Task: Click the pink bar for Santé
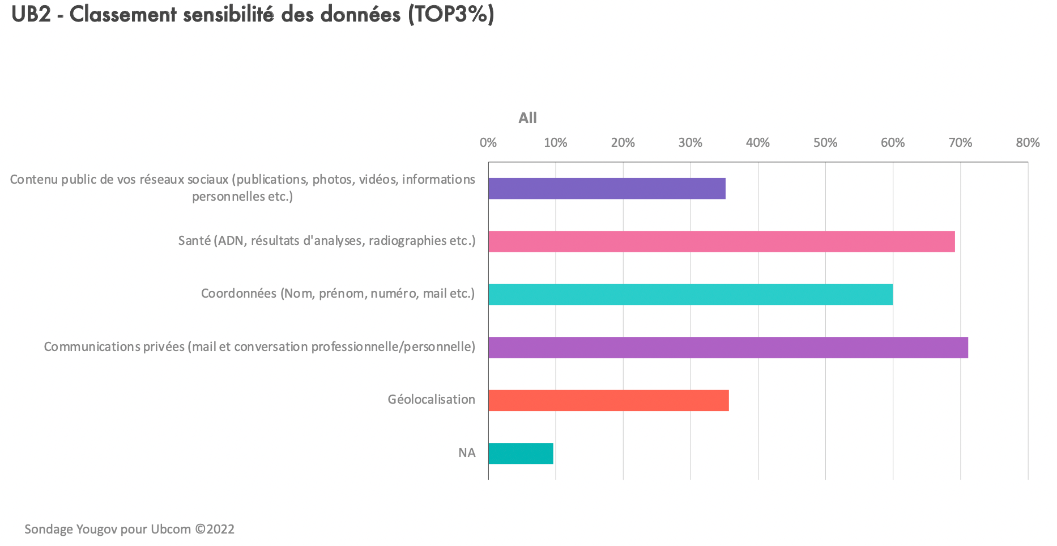pyautogui.click(x=721, y=242)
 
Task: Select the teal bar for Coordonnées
pyautogui.click(x=690, y=294)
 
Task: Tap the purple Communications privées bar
pyautogui.click(x=728, y=348)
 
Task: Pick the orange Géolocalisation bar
pyautogui.click(x=608, y=400)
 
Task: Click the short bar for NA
pyautogui.click(x=521, y=454)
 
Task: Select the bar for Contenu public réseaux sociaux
pyautogui.click(x=607, y=188)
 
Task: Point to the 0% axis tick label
pyautogui.click(x=488, y=143)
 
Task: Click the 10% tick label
pyautogui.click(x=555, y=143)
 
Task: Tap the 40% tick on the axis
pyautogui.click(x=757, y=143)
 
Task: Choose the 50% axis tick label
pyautogui.click(x=825, y=143)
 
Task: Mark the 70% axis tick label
pyautogui.click(x=960, y=143)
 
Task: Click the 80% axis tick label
pyautogui.click(x=1028, y=143)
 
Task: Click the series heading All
pyautogui.click(x=527, y=118)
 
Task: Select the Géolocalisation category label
pyautogui.click(x=431, y=400)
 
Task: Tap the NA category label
pyautogui.click(x=467, y=453)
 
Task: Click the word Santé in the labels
pyautogui.click(x=194, y=241)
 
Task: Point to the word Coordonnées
pyautogui.click(x=238, y=294)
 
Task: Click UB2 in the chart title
pyautogui.click(x=31, y=15)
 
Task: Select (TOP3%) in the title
pyautogui.click(x=451, y=15)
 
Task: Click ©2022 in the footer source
pyautogui.click(x=215, y=530)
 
